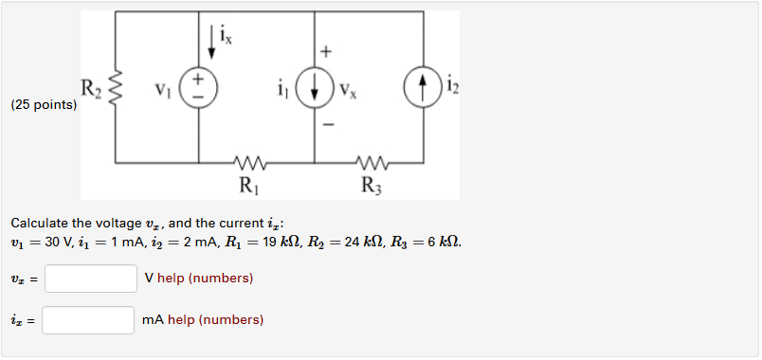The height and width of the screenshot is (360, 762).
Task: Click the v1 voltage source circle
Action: point(199,88)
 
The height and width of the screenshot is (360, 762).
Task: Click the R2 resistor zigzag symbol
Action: point(116,90)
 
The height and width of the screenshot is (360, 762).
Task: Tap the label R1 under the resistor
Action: point(247,186)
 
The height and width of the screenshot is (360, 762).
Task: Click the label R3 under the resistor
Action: point(372,186)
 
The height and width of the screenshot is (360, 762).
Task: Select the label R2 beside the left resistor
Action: point(90,90)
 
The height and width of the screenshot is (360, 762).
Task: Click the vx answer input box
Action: point(91,279)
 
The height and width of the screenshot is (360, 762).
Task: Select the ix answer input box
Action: point(88,320)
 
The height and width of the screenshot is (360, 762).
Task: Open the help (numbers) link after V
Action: point(206,279)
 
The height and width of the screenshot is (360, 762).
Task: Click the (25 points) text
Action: point(44,105)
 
